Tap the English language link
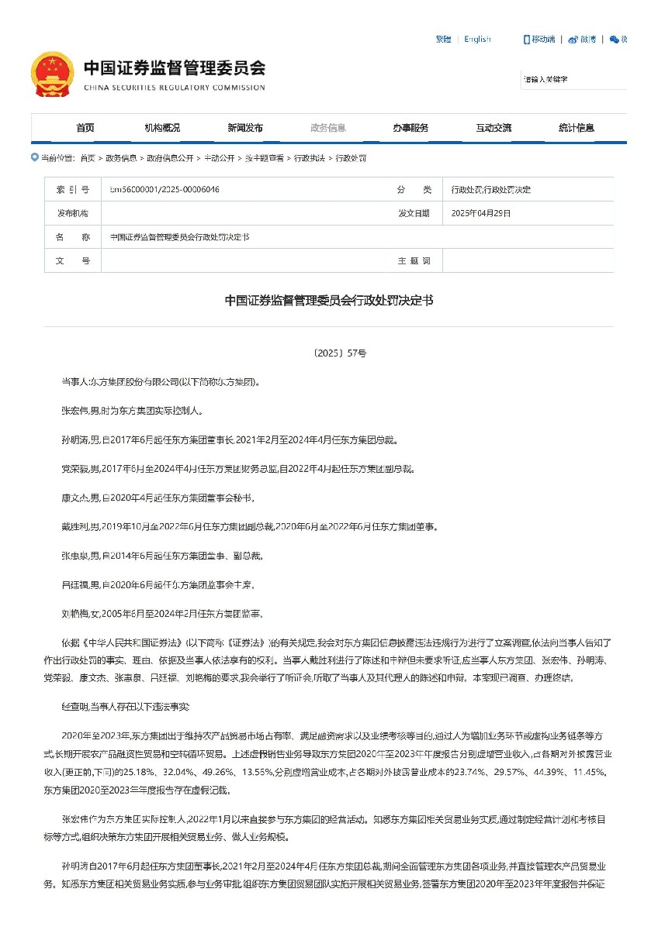pos(477,40)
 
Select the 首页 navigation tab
pos(85,128)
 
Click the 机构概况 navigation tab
pos(162,128)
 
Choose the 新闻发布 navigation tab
pos(244,128)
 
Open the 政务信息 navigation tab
pos(327,128)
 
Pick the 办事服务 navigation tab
pos(410,128)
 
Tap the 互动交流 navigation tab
pos(493,128)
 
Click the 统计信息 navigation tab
pos(576,128)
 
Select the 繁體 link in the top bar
pos(443,40)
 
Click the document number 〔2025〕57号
pos(329,353)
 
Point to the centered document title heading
pos(329,300)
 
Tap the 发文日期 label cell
pos(414,213)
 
